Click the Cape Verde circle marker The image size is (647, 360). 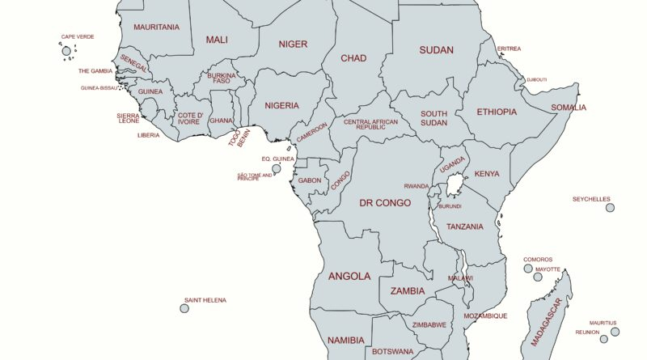pos(67,51)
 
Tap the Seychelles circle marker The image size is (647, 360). pos(610,208)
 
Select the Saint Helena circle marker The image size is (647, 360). pos(184,308)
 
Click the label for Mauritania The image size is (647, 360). pos(156,27)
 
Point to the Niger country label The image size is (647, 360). pos(293,44)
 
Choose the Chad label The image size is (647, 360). pos(353,58)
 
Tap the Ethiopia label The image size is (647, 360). pos(497,112)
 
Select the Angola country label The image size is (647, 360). pos(349,276)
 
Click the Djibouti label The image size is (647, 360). pos(537,80)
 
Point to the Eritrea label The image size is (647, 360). pos(509,49)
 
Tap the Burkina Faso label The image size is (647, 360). pos(222,78)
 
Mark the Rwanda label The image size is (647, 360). pos(417,186)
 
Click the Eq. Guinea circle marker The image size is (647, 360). pos(277,169)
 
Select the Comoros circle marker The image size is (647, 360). pos(528,269)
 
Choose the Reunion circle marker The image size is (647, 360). pos(603,339)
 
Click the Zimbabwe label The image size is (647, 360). pos(429,325)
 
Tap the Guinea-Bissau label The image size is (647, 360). pos(98,87)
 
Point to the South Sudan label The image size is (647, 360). pos(433,118)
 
